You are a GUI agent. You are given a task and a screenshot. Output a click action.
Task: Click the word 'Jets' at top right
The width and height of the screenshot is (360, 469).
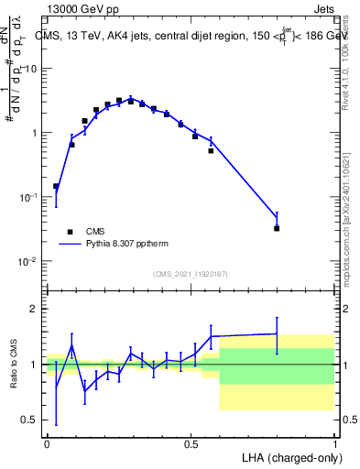tap(321, 8)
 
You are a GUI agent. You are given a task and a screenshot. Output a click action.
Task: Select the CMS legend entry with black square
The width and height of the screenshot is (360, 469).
tap(83, 232)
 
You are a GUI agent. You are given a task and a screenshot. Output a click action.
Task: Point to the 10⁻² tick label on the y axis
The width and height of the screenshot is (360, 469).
tap(32, 261)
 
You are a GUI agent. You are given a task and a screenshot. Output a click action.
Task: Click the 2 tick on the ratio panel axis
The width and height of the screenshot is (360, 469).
tap(38, 309)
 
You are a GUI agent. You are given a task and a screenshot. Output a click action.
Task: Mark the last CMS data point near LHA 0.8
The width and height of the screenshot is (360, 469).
tap(277, 228)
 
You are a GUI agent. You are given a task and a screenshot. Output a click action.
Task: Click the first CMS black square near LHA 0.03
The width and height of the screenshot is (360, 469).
tap(56, 186)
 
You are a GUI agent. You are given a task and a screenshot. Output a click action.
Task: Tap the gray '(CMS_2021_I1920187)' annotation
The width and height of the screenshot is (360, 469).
tap(191, 274)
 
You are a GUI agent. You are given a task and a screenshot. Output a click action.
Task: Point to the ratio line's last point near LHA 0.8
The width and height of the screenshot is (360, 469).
tap(277, 333)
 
